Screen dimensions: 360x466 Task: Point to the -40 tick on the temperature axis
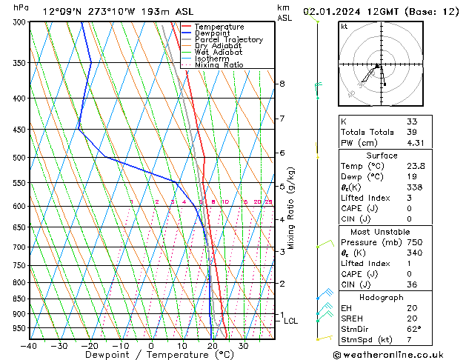pyautogui.click(x=30, y=345)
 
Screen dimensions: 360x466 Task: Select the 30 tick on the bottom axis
pyautogui.click(x=243, y=345)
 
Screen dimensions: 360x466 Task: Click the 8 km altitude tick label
pyautogui.click(x=282, y=84)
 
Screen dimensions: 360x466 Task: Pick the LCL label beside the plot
pyautogui.click(x=290, y=321)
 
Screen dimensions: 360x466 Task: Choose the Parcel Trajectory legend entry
pyautogui.click(x=228, y=40)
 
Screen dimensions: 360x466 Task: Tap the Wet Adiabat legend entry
pyautogui.click(x=219, y=53)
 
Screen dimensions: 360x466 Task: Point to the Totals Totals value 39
pyautogui.click(x=411, y=132)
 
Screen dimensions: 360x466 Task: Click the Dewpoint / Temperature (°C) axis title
pyautogui.click(x=151, y=355)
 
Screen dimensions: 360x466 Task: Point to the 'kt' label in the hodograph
pyautogui.click(x=344, y=27)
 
